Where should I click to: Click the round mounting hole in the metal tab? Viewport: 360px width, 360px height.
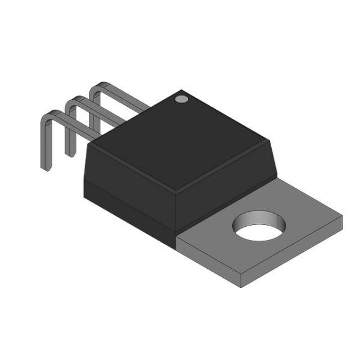(x=259, y=225)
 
